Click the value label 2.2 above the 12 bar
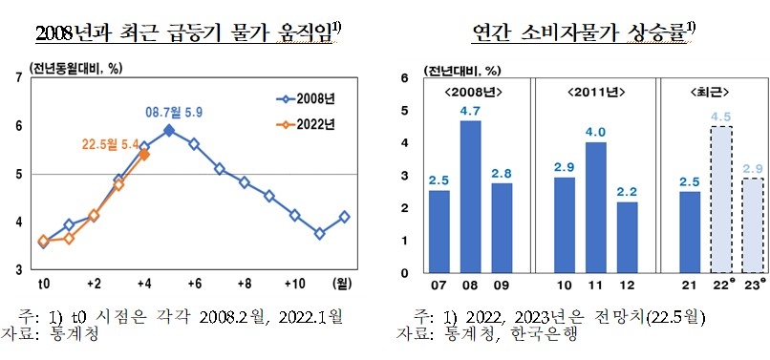[x=627, y=192]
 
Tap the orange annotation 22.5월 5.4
[x=110, y=145]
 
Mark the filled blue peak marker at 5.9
[x=169, y=130]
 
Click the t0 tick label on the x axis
[x=43, y=285]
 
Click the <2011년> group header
[x=595, y=92]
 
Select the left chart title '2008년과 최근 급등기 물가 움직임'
[x=187, y=34]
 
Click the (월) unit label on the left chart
[x=341, y=285]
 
